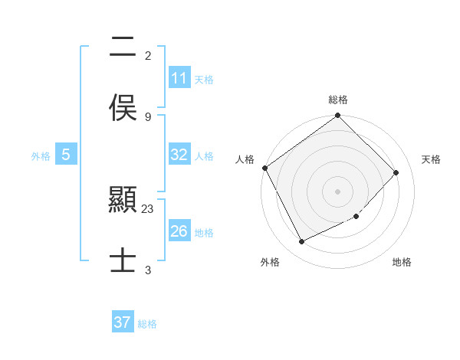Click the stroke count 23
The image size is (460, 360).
click(x=148, y=208)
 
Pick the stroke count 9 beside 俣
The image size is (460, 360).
click(x=148, y=116)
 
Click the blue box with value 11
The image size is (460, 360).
click(x=179, y=78)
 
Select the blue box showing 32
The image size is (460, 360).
click(x=179, y=155)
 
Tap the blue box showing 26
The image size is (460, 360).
click(x=179, y=231)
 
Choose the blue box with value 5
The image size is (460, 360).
click(x=66, y=155)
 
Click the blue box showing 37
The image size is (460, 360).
click(x=123, y=322)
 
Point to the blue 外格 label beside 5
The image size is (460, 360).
click(x=41, y=156)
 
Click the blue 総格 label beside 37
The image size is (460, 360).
click(x=147, y=324)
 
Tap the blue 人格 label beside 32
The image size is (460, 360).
click(x=204, y=156)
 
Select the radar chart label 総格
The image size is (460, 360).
click(x=338, y=100)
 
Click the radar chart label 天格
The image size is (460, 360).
click(x=431, y=159)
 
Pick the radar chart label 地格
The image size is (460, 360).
click(x=402, y=262)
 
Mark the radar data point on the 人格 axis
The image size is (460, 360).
click(x=265, y=168)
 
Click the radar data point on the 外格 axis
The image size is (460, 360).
click(x=301, y=242)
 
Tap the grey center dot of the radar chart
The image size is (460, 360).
click(x=338, y=191)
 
